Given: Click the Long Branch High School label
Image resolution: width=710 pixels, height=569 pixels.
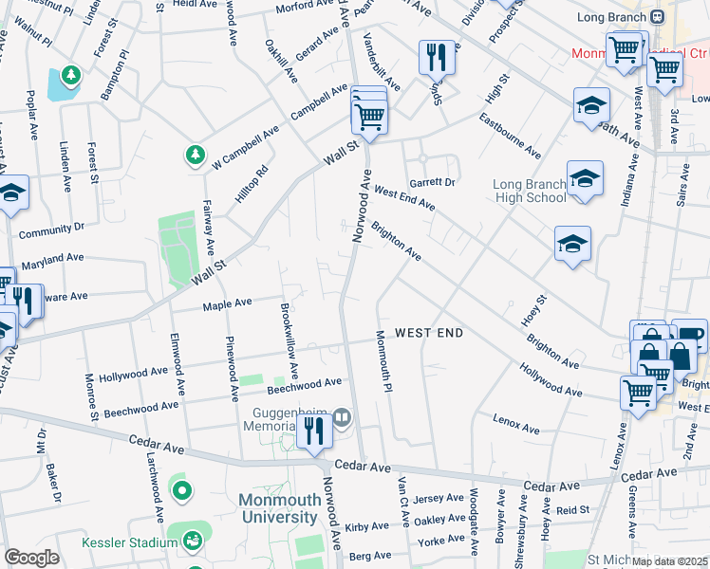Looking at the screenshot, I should (530, 191).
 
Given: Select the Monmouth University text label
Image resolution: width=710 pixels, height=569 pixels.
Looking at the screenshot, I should (277, 508).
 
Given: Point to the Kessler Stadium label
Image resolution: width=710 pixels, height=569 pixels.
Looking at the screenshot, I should (128, 541).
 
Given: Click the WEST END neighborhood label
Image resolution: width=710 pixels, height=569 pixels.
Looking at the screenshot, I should (429, 333).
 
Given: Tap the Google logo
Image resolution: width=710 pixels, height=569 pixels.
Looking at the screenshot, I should (31, 558).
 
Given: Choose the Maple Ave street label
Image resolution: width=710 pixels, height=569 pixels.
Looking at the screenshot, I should (227, 303).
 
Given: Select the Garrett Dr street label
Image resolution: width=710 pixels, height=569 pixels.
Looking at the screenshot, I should (433, 182).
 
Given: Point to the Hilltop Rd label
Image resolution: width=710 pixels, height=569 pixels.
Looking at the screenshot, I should (252, 184).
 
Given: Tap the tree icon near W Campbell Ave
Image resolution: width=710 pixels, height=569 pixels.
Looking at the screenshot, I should (195, 154).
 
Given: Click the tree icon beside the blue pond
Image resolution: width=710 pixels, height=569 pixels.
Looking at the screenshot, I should (68, 74).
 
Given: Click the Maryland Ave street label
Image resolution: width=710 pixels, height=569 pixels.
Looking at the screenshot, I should (52, 259).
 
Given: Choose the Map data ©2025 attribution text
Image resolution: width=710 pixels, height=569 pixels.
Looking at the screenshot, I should (669, 561).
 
